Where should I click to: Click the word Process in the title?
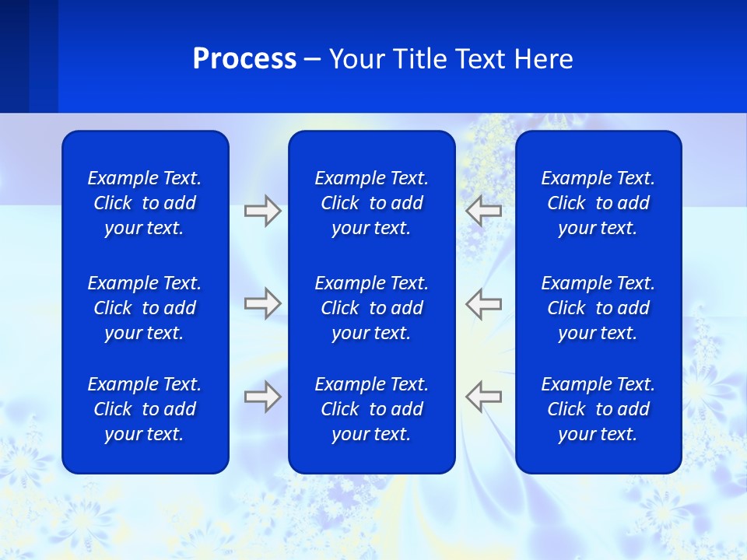[x=244, y=59]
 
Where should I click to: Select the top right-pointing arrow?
[x=262, y=210]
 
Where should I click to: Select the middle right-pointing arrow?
[x=262, y=303]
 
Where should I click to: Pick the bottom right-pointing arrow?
[x=262, y=397]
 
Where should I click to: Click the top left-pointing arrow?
[x=484, y=210]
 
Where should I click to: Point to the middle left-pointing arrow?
[x=484, y=303]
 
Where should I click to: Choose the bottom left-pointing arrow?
[x=484, y=397]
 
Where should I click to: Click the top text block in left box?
[x=145, y=203]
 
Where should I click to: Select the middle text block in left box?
[x=145, y=308]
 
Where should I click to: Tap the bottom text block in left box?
[x=145, y=409]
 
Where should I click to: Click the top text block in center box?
[x=371, y=203]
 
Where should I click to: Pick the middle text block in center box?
[x=371, y=308]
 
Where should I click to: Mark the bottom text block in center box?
[x=371, y=409]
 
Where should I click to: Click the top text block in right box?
[x=598, y=203]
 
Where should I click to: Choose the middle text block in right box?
[x=598, y=308]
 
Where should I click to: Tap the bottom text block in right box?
[x=598, y=409]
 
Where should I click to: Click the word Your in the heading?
[x=355, y=59]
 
